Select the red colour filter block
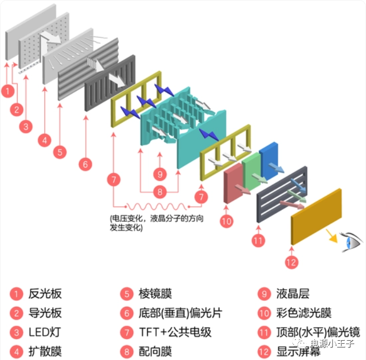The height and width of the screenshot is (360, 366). click(x=232, y=185)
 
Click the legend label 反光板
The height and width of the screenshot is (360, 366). click(x=45, y=294)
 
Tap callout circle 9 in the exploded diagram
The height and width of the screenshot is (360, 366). click(x=160, y=173)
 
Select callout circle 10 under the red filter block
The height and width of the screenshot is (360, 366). click(x=226, y=221)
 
